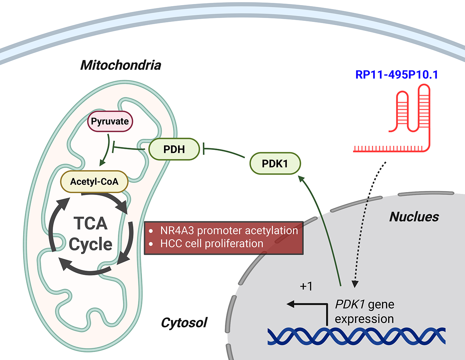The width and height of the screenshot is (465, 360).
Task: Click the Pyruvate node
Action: coord(110,121)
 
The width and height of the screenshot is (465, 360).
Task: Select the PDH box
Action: coord(174,149)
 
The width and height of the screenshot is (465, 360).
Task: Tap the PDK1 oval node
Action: coord(275,163)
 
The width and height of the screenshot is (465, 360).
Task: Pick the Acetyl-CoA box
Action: coord(94,182)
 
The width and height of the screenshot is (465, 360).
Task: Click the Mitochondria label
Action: coord(121,65)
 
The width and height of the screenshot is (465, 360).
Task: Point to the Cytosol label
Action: coord(184,323)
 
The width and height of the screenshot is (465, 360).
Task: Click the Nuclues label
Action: coord(414,217)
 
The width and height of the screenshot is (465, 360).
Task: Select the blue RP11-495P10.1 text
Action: coord(397,75)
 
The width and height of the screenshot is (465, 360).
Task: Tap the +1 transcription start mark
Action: coord(306,286)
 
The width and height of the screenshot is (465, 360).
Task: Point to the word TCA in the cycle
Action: coord(90,223)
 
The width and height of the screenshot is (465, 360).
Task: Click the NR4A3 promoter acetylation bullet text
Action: coord(229,231)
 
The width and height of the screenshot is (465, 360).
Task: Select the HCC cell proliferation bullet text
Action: coord(212,244)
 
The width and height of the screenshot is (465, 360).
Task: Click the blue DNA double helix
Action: coord(356,337)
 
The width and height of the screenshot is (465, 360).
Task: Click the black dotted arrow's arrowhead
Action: coord(355,284)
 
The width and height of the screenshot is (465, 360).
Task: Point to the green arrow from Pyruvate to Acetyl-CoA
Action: coord(106,150)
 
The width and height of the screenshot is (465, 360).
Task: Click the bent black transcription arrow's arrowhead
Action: coord(291,304)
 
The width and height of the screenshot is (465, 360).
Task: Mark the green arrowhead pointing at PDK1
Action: coord(301,179)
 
